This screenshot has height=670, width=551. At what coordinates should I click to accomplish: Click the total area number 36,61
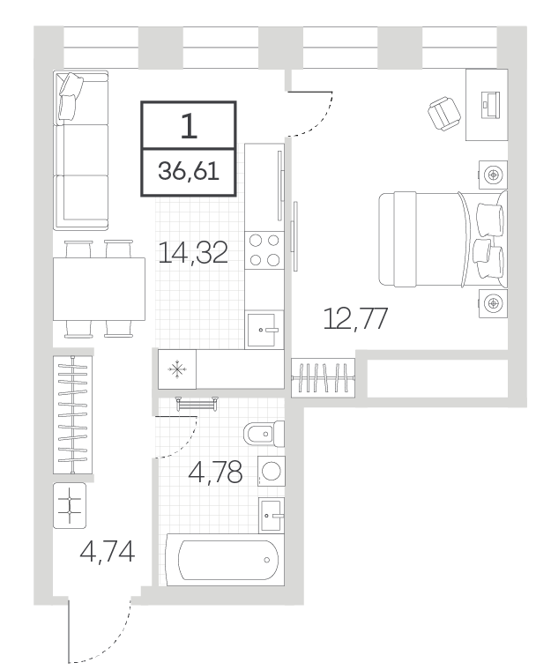pos(189,171)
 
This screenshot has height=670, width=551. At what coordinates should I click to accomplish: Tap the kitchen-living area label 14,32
pos(193,252)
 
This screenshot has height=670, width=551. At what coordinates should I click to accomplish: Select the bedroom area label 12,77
pos(355,318)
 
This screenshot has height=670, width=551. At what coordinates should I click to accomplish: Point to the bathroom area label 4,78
pos(215,472)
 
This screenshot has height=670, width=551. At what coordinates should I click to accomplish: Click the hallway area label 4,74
pos(108,551)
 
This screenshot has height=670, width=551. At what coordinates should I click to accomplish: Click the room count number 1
pos(189,126)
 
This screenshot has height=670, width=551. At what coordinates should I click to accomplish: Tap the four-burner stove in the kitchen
pos(264,250)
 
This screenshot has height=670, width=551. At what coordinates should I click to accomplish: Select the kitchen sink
pos(264,329)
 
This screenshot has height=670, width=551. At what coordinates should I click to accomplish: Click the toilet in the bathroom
pos(264,434)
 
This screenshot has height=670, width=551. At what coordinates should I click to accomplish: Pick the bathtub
pos(226,559)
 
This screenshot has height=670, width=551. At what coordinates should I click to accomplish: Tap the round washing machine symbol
pos(272,471)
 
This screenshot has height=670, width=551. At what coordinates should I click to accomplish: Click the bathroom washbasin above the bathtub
pos(272,515)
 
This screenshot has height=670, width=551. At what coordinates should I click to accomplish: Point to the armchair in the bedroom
pos(444,113)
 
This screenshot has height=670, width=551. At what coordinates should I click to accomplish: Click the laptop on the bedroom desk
pos(490,105)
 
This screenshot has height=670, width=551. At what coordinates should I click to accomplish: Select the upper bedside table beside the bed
pos(493,175)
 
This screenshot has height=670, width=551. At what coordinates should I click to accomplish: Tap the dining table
pos(99,288)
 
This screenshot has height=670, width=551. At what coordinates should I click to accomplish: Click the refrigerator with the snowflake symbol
pos(177,369)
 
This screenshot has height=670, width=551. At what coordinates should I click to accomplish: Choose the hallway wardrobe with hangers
pos(72,414)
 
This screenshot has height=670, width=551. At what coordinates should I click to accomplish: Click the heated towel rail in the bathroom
pos(197,403)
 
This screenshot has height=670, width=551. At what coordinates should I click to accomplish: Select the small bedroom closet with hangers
pos(324,377)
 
